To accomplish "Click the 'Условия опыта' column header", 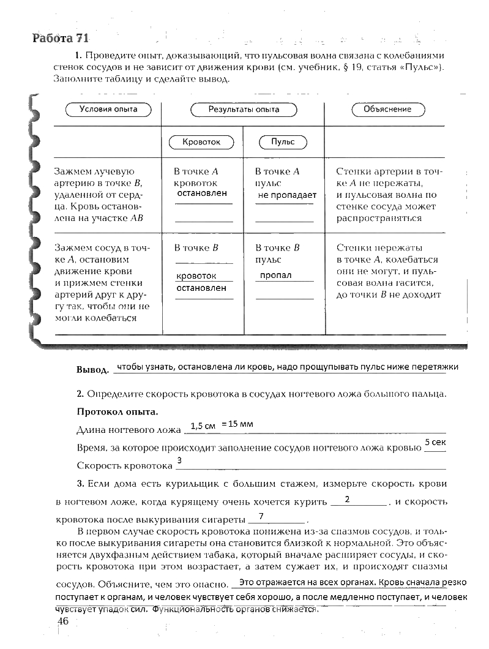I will [x=108, y=110].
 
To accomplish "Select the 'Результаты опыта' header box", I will [x=244, y=110].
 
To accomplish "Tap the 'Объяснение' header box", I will [x=387, y=110].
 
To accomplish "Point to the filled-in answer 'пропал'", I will [x=275, y=276].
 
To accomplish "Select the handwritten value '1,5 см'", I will [x=203, y=426].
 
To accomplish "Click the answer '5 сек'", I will [x=435, y=442].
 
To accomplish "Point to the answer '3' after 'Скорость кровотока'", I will [x=179, y=460].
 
